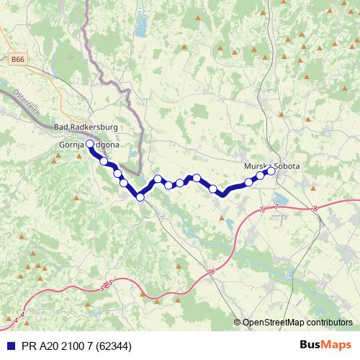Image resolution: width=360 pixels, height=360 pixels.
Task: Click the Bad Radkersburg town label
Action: point(86,127)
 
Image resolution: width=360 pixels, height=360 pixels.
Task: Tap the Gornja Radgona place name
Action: point(89,144)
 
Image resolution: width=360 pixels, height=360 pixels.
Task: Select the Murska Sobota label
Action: point(272,166)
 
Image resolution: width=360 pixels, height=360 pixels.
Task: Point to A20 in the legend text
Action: point(46,344)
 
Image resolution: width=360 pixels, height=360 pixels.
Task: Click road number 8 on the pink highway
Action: point(315,209)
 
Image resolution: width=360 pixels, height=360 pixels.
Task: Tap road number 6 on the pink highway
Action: point(213,271)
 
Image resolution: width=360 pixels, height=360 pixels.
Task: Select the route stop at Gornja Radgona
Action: point(89,144)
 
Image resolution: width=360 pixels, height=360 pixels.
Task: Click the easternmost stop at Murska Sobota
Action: point(271,171)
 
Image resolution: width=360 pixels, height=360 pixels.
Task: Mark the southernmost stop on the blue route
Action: point(140,197)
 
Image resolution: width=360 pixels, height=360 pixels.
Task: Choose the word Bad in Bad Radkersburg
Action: point(61,127)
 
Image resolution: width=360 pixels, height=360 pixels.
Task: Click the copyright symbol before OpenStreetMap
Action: point(238,323)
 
